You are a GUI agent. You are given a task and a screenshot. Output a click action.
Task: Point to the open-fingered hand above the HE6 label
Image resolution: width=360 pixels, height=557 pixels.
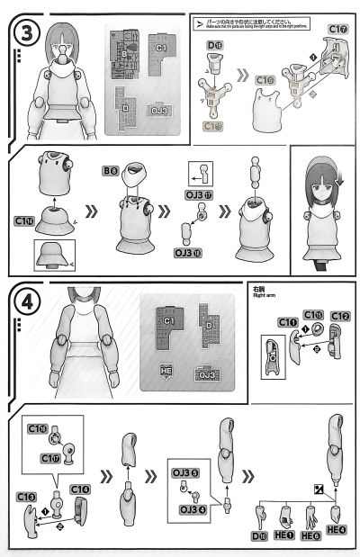click(x=310, y=517)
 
